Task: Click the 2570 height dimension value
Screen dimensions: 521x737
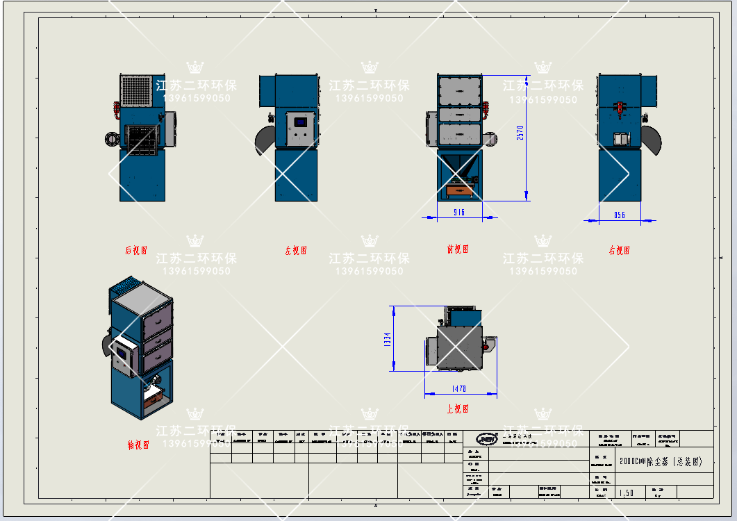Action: coord(520,132)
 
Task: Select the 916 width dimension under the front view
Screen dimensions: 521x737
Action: coord(459,212)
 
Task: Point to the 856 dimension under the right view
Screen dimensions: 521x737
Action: coord(620,215)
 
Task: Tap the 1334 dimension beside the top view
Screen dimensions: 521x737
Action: coord(388,339)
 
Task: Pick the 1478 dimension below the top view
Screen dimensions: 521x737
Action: coord(459,389)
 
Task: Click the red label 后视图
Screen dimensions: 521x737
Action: coord(136,249)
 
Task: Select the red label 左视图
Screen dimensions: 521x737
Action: coord(296,251)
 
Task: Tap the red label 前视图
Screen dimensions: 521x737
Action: coord(458,249)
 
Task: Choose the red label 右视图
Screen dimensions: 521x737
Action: coord(620,250)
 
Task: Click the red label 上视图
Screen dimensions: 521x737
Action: coord(458,409)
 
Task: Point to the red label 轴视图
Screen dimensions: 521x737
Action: coord(138,445)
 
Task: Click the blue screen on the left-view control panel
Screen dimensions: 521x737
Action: coord(300,122)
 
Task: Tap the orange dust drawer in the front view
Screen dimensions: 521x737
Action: coord(458,189)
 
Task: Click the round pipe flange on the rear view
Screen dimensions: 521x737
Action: coord(110,138)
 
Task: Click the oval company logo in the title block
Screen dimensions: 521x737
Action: coord(487,438)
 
